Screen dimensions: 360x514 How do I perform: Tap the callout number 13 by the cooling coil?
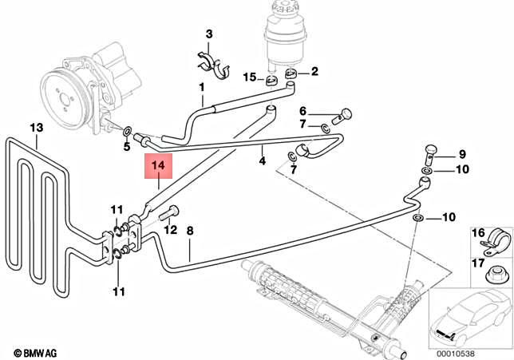(35, 128)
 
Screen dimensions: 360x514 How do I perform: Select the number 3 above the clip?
(209, 34)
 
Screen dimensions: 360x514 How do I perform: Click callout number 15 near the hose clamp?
(250, 77)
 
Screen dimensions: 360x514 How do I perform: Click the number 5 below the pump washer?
(126, 146)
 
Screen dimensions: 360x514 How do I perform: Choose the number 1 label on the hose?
(202, 86)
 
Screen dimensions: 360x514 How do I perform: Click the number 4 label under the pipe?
(263, 161)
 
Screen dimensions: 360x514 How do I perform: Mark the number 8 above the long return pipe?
(190, 231)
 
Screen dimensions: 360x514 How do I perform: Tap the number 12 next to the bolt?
(169, 230)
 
